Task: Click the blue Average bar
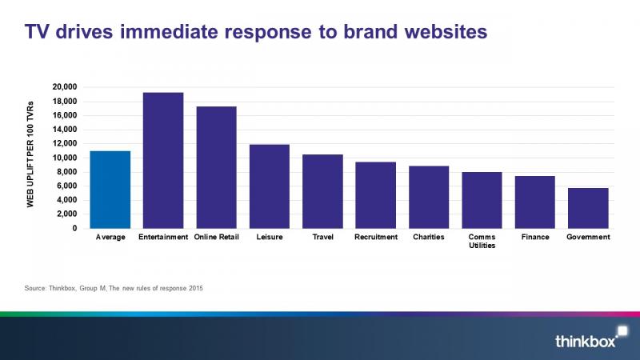(110, 190)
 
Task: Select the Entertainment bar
(163, 161)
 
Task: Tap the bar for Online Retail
(216, 167)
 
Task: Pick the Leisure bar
(270, 186)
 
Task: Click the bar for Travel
(322, 191)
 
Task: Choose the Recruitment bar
(375, 195)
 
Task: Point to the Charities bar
(429, 197)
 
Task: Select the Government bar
(588, 208)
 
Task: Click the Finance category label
(535, 237)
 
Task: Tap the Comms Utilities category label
(482, 242)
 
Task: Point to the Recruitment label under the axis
(376, 237)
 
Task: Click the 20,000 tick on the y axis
(65, 87)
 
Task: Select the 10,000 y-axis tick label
(65, 158)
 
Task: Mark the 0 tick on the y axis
(74, 229)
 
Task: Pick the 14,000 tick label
(65, 130)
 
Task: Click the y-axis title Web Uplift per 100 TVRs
(30, 154)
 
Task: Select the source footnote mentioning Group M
(114, 288)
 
